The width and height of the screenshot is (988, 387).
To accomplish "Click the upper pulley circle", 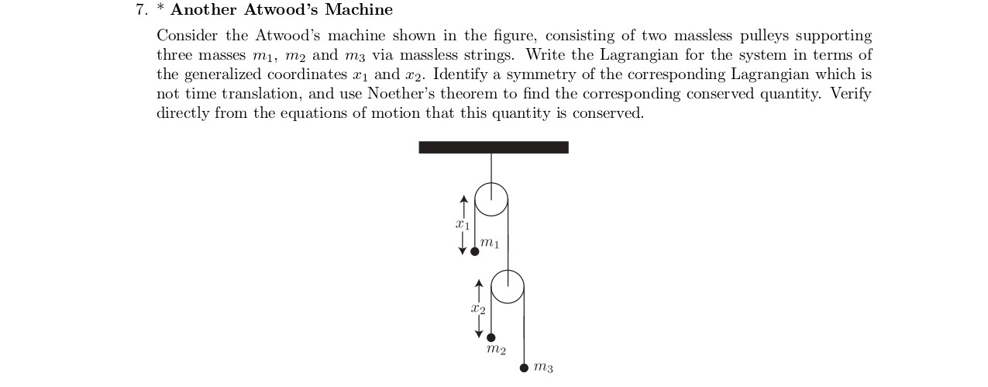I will [491, 199].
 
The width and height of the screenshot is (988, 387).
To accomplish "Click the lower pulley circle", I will [508, 286].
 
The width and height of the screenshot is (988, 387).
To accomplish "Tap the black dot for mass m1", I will [475, 251].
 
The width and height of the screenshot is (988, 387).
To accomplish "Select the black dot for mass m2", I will [491, 337].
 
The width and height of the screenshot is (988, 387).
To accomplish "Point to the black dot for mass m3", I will [524, 368].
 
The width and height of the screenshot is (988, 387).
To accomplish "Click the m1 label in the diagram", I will [490, 244].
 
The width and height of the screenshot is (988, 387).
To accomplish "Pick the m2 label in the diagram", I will [496, 351].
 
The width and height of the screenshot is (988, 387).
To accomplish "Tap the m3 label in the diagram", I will [544, 368].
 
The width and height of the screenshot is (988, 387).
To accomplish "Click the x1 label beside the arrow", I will [463, 225].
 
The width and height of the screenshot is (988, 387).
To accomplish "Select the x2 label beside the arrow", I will [478, 309].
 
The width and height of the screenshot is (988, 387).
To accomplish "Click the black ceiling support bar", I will [494, 147].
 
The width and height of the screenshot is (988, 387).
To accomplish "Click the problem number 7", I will [141, 10].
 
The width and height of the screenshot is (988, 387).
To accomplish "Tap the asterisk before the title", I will [160, 9].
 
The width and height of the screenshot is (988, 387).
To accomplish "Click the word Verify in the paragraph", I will [851, 94].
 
